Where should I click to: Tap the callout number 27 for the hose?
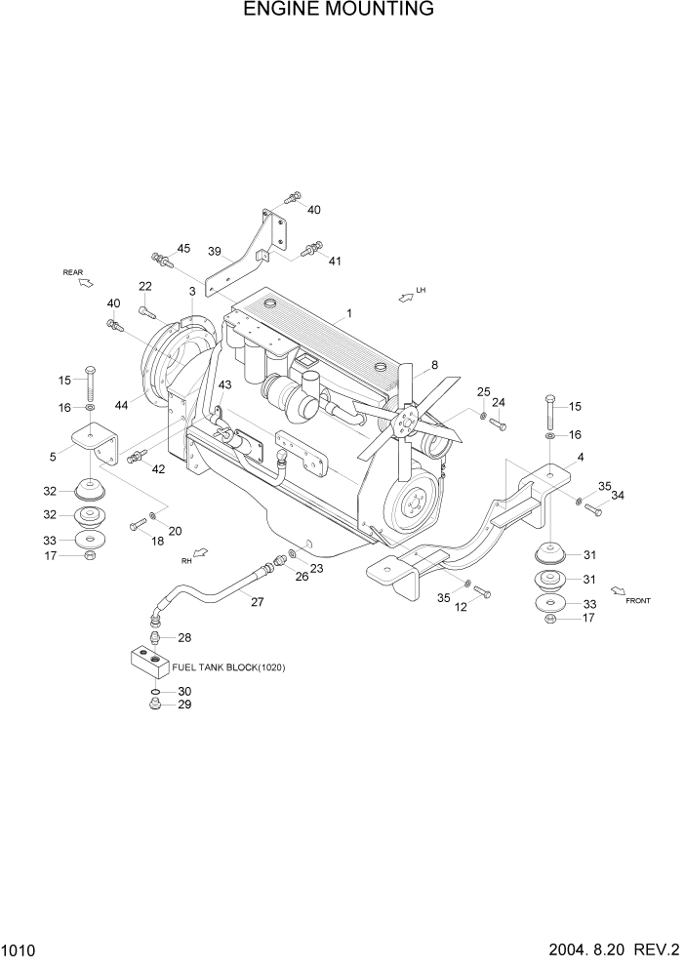point(258,601)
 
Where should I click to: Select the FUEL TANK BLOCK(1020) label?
point(228,667)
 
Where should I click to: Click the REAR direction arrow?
point(85,282)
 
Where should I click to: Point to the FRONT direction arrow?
point(618,589)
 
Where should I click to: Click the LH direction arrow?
point(406,295)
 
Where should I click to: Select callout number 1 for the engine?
point(346,314)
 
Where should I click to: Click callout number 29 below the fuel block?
point(183,704)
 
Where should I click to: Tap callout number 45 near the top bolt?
point(183,248)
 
